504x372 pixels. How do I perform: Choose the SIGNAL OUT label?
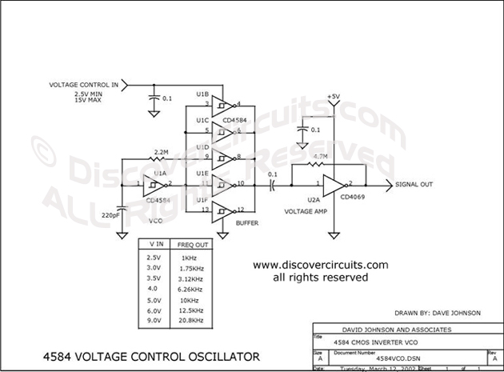coord(414,185)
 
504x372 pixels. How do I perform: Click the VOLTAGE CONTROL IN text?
coord(84,84)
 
